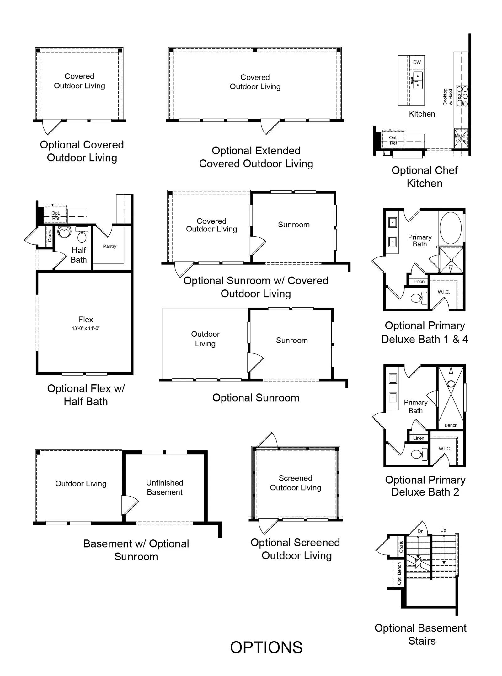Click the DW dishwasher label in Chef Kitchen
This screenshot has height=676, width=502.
417,62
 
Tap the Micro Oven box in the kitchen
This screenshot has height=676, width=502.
461,138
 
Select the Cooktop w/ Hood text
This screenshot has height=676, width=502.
447,97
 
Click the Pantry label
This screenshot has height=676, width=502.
109,246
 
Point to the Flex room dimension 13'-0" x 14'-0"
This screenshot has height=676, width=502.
86,328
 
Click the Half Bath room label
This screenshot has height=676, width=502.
79,255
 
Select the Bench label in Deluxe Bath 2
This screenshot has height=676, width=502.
451,425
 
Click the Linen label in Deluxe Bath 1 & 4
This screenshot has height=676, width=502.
419,281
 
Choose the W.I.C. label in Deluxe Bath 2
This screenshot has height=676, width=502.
445,449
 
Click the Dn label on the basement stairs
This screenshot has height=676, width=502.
420,531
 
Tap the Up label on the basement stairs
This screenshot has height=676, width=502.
443,530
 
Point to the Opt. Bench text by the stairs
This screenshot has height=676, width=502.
399,573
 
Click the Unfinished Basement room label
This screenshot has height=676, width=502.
165,487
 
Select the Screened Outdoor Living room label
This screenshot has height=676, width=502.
296,483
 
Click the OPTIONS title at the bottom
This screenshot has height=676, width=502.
266,647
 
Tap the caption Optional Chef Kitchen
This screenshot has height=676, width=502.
425,177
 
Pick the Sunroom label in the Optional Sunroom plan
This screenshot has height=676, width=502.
292,341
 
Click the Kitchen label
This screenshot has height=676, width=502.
422,114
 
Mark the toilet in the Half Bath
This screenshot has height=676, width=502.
82,236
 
